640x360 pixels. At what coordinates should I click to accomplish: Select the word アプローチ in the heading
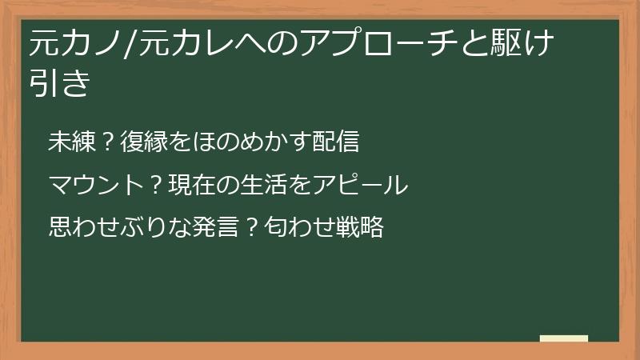[367, 42]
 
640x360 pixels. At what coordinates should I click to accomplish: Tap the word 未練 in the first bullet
[70, 142]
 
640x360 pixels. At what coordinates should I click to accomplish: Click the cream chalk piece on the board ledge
[564, 338]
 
